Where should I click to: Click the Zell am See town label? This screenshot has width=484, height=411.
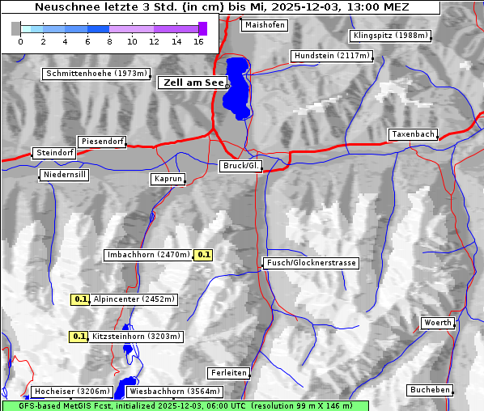pos(192,83)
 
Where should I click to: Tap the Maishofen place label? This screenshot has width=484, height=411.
pos(264,25)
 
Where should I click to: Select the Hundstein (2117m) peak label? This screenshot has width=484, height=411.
pos(332,56)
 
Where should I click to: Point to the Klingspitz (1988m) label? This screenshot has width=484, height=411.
pos(390,36)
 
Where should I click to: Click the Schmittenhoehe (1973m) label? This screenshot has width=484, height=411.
pos(96,74)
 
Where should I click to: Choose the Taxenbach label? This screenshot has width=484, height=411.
pos(413,134)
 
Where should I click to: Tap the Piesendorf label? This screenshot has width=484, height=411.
pos(102,142)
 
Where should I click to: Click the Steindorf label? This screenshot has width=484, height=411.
pos(54,153)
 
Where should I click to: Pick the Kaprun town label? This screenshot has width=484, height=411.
pos(168,179)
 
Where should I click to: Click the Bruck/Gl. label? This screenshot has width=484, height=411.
pos(241,166)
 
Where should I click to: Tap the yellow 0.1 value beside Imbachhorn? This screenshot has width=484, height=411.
pos(204,255)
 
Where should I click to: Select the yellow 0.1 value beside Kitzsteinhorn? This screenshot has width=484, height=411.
pos(79,337)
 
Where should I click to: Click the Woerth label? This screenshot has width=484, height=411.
pos(438,323)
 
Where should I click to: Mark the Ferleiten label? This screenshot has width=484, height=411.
pos(227,373)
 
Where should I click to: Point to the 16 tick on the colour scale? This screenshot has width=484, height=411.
pos(199,40)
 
